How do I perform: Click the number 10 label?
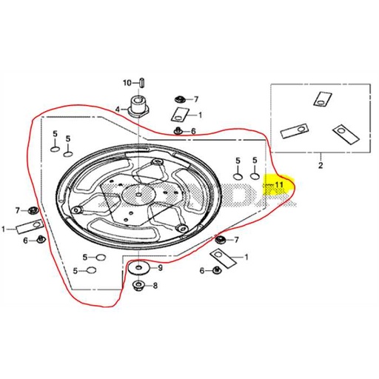126,81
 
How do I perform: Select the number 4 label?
116,109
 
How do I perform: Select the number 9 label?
159,266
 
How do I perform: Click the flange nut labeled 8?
138,285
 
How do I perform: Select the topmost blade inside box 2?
323,98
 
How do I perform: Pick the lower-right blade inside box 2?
342,133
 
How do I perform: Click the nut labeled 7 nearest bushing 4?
179,98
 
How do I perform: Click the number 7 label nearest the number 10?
196,98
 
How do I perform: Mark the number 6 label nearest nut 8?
201,271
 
